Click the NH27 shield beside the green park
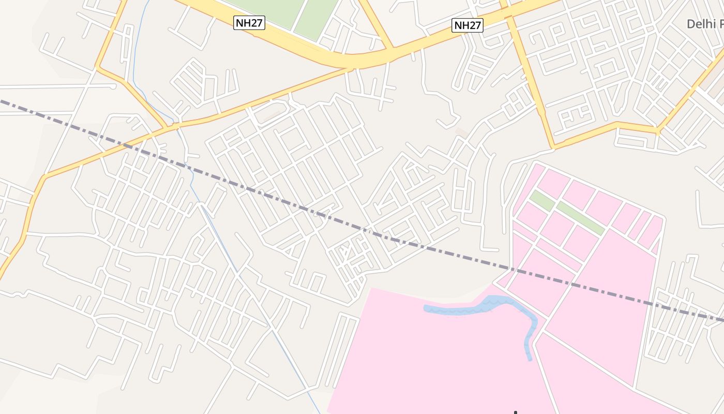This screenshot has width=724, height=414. tap(249, 23)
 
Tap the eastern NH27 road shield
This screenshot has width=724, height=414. tap(467, 25)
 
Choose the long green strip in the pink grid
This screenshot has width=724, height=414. tap(580, 218)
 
